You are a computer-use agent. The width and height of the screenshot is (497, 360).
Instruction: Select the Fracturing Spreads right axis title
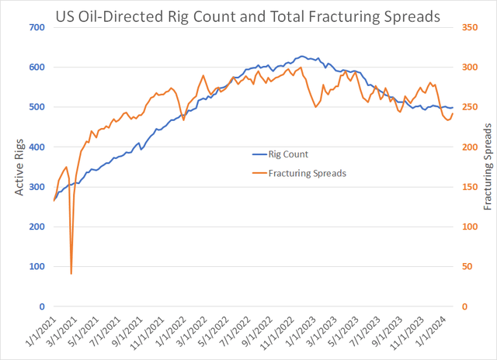pos(488,166)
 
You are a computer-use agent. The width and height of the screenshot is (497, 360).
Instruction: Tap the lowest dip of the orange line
pos(71,273)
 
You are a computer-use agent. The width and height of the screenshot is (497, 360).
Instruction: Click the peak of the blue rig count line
pos(302,56)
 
